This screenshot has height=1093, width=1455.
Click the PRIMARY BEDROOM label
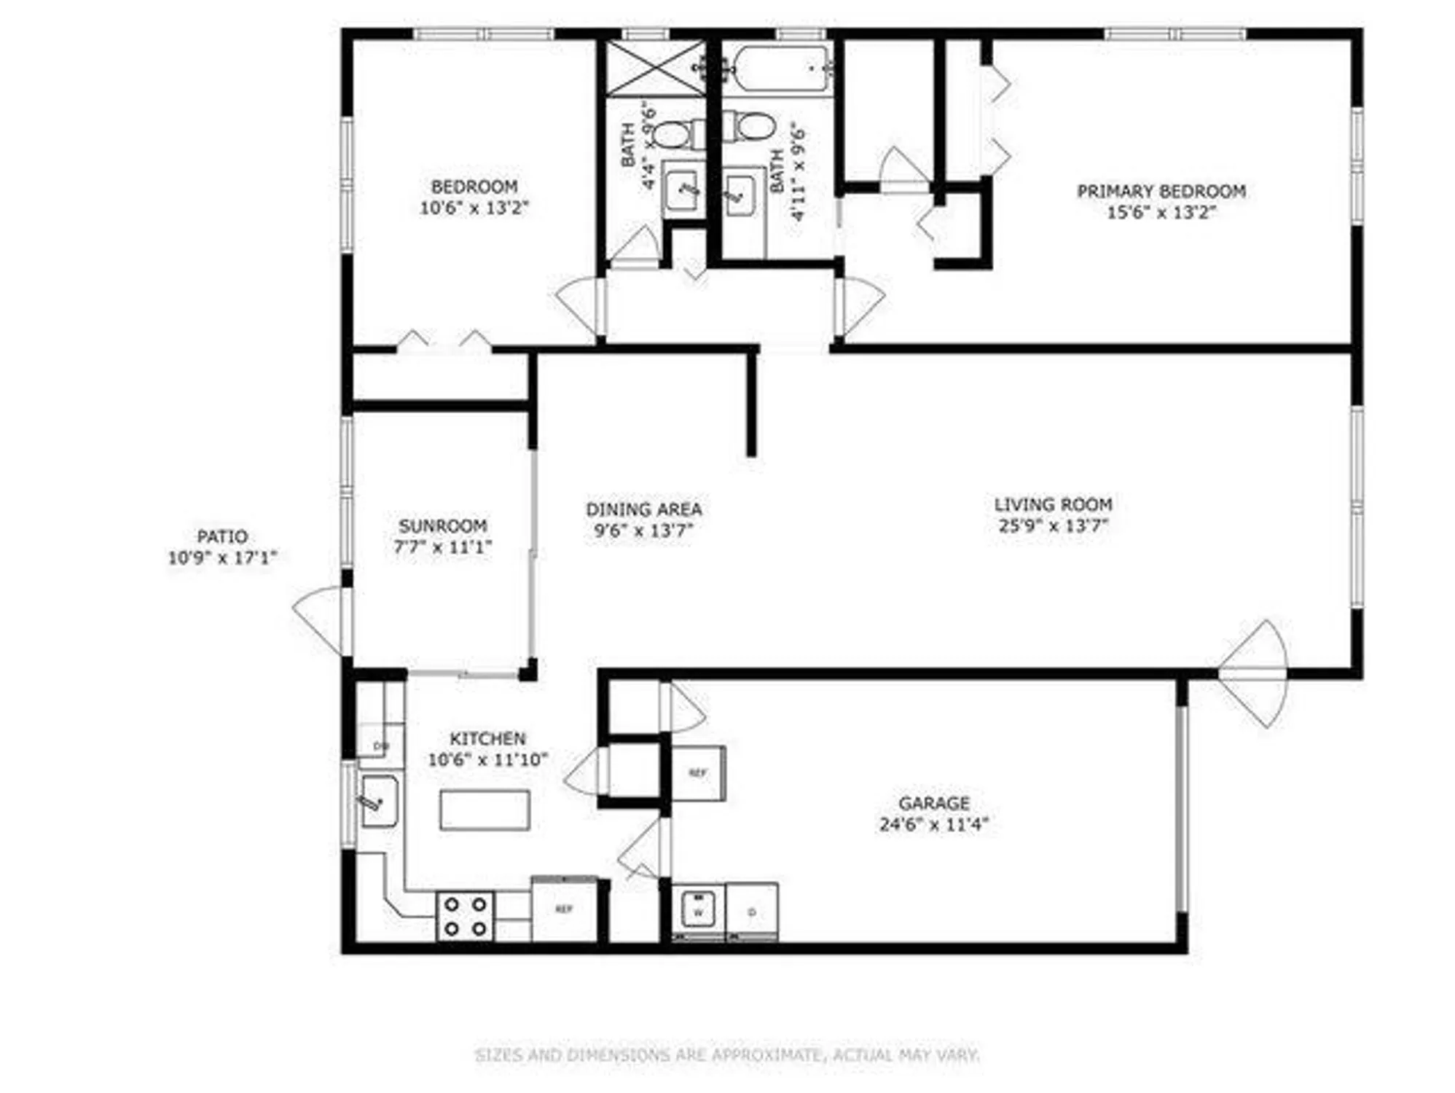[1161, 191]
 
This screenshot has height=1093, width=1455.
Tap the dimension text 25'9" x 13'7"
[1053, 525]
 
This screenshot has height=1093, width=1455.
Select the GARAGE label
[933, 803]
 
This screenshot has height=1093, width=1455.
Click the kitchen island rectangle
[485, 810]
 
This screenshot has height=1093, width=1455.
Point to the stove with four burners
[465, 916]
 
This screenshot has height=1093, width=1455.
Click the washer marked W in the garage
[698, 909]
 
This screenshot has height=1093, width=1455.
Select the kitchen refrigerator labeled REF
[564, 909]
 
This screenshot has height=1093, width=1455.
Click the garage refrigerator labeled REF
[697, 772]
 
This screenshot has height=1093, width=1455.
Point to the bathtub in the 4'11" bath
[781, 69]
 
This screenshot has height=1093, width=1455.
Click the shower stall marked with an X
[656, 68]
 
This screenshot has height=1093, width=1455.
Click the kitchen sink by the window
[379, 802]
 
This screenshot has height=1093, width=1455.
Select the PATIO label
[222, 537]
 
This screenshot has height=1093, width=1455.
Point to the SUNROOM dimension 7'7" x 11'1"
[442, 546]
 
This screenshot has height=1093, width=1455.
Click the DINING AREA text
[643, 509]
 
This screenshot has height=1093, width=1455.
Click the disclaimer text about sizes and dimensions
[726, 1054]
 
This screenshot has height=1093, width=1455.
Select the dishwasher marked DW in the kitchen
[380, 745]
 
